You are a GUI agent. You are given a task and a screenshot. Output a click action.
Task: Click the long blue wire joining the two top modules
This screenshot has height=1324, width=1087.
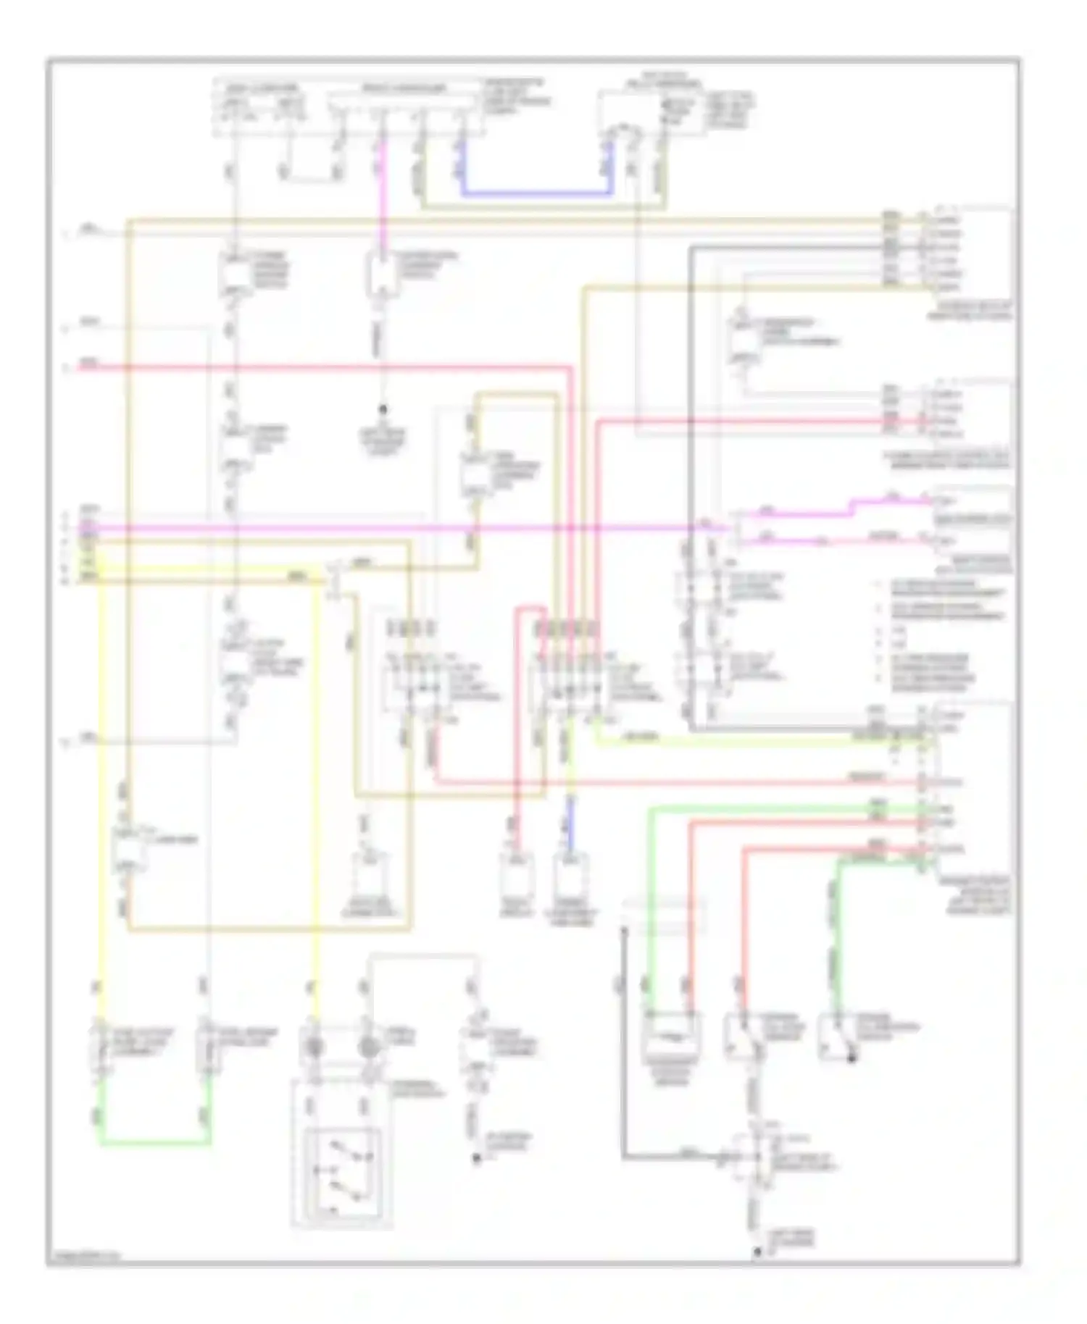[x=536, y=194]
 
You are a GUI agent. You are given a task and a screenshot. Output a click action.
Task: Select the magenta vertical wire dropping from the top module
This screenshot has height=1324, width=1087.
[x=382, y=196]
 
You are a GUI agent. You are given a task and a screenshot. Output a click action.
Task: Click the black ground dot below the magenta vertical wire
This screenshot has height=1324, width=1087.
[x=385, y=410]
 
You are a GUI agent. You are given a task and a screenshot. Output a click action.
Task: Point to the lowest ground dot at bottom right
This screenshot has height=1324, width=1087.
[x=757, y=1251]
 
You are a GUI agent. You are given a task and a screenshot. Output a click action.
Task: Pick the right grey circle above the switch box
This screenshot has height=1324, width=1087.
[x=368, y=1046]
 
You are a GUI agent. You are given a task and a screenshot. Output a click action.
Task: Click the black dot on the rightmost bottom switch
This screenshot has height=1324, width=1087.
[x=852, y=1059]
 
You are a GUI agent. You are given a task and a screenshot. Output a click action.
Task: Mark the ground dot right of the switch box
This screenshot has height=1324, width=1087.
[x=477, y=1159]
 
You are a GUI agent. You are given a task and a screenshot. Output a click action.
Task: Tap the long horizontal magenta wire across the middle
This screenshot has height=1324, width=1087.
[x=406, y=528]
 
